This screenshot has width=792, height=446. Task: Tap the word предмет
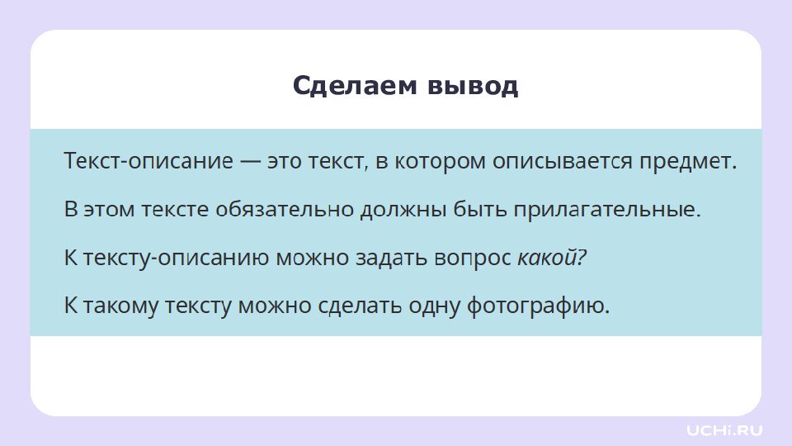688,162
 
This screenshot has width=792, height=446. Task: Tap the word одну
435,306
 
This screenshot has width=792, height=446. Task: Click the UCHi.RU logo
724,429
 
